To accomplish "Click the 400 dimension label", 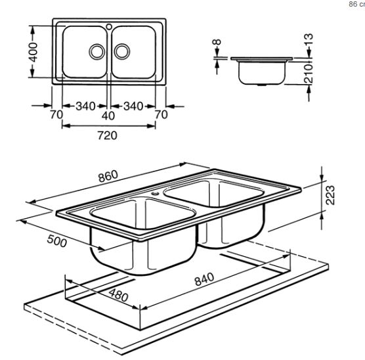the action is coord(33,53).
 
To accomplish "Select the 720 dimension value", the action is coord(107,135).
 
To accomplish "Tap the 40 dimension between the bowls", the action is coord(108,116).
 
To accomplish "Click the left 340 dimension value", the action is coord(85,106).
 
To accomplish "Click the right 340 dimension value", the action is coord(133,106).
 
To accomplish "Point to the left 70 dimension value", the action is coord(56,115).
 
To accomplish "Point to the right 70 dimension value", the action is coord(161,115).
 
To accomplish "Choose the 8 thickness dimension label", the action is coord(217,42).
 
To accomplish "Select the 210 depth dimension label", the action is coord(309,74).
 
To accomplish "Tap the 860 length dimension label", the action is coord(108,176).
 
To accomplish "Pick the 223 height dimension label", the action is coord(330,195).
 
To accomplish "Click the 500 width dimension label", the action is coord(57,241).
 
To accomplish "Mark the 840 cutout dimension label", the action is coord(204,279).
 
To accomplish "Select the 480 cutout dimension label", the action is coord(118,295).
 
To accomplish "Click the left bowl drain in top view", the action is coord(97,51).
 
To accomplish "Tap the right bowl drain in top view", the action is coord(122,51).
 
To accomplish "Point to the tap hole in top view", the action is coord(109,27).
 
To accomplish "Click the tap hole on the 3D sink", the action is coord(156,193).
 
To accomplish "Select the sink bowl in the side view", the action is coord(262,72).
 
